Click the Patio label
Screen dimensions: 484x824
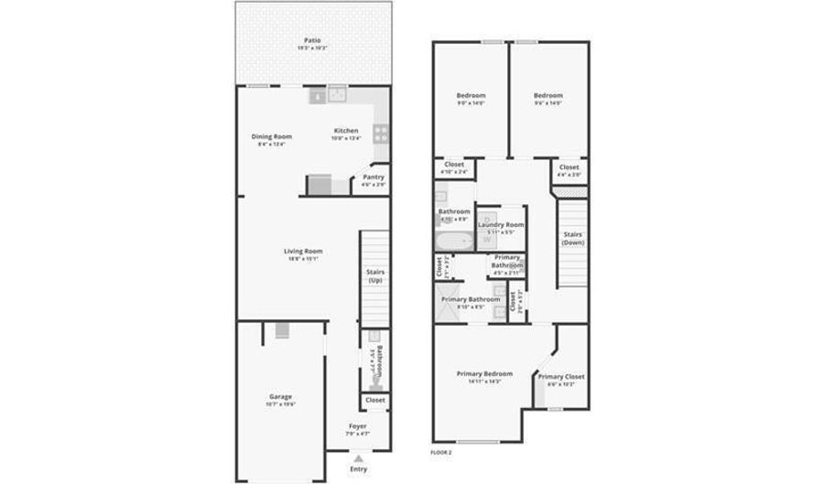point(312,40)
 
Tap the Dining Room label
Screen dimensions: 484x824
point(271,137)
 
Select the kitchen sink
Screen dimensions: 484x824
point(337,93)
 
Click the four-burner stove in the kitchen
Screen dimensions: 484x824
point(381,134)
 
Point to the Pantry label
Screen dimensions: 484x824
point(373,177)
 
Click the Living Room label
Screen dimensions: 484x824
point(302,251)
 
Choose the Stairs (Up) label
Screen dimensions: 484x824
point(374,275)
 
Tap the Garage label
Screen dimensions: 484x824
point(280,396)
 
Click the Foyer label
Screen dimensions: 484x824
point(357,426)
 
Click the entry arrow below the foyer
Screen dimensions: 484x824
point(358,458)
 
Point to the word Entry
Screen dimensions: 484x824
point(358,469)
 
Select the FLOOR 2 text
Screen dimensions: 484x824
point(440,452)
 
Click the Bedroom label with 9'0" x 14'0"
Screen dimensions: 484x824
point(471,95)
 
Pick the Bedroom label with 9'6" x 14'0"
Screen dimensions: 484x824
point(548,95)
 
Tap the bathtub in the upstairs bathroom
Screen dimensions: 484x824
point(453,242)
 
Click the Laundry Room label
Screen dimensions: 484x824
point(501,224)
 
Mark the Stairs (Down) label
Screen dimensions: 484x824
point(572,238)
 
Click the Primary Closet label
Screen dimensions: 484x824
point(560,377)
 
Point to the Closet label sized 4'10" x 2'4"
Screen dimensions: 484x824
point(453,165)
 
